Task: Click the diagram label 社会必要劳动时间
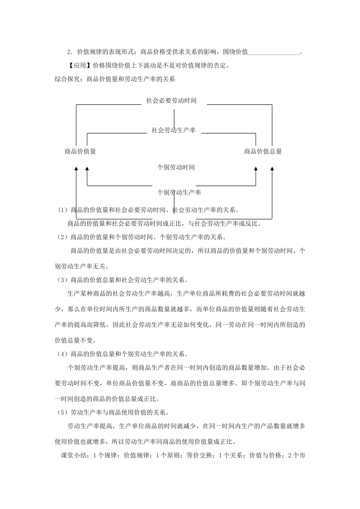[x=171, y=101]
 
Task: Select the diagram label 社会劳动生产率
[x=174, y=130]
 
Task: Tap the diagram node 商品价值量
[x=80, y=151]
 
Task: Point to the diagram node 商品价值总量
[x=263, y=151]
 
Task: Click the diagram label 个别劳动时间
[x=176, y=167]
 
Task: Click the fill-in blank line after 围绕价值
[x=274, y=52]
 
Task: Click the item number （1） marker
[x=62, y=210]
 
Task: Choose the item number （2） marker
[x=62, y=237]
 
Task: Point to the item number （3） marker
[x=62, y=280]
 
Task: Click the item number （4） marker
[x=62, y=354]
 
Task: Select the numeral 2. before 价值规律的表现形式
[x=69, y=52]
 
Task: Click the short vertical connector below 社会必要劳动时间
[x=174, y=118]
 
